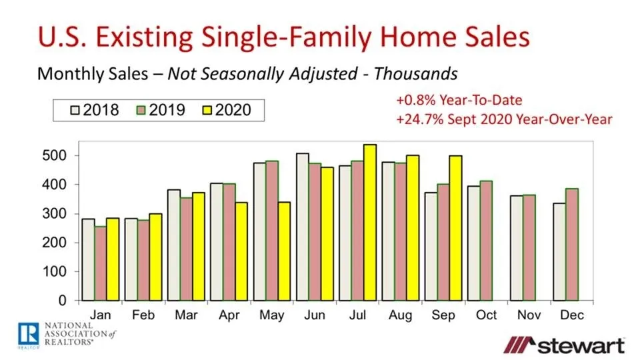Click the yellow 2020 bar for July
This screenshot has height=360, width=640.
(x=370, y=223)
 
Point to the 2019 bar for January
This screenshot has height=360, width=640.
(x=101, y=264)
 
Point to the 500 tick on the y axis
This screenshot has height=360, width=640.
(x=59, y=155)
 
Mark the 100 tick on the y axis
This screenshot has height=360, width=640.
(x=59, y=272)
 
